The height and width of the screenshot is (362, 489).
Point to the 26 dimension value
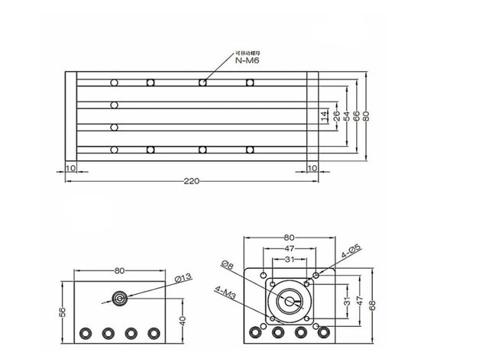pyautogui.click(x=336, y=116)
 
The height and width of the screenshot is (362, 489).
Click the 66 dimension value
pyautogui.click(x=357, y=116)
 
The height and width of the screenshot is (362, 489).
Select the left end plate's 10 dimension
pyautogui.click(x=70, y=167)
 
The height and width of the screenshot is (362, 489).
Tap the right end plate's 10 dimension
pyautogui.click(x=312, y=167)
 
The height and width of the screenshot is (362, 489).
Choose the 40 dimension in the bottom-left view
pyautogui.click(x=181, y=321)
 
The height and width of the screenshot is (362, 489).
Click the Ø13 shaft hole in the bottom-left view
pyautogui.click(x=119, y=298)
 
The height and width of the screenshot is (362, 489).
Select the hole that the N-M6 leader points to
pyautogui.click(x=202, y=82)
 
